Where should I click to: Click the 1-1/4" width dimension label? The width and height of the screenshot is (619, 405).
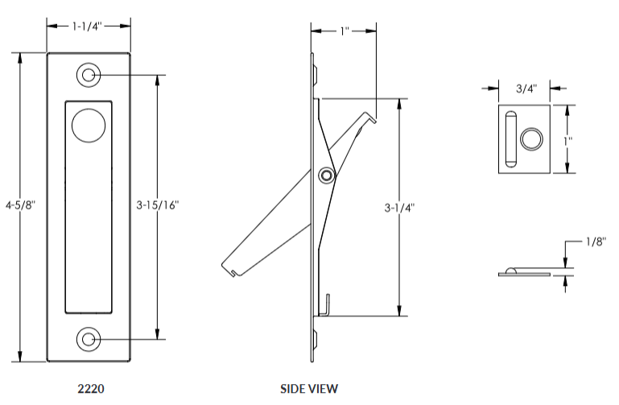[89, 26]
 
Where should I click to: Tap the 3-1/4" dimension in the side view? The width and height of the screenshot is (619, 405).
[400, 207]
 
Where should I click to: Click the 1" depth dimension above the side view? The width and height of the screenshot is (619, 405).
[344, 31]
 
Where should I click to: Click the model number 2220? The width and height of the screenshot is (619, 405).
[89, 388]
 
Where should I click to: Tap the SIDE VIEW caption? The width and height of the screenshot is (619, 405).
[309, 388]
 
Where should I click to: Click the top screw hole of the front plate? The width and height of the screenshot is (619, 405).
[88, 76]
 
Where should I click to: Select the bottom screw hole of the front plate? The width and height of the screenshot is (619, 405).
[88, 339]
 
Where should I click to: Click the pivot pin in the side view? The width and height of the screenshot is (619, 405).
[326, 176]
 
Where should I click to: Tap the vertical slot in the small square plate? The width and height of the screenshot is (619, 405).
[510, 139]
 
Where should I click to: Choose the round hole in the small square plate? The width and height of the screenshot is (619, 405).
[531, 139]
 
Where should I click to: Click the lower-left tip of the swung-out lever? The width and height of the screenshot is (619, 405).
[228, 267]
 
